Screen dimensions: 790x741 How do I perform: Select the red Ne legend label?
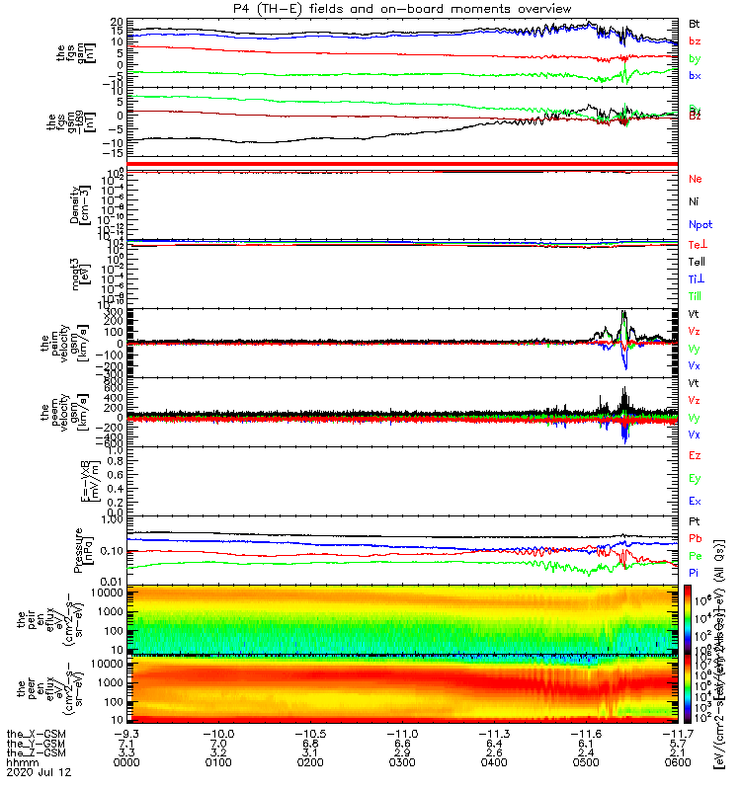695,179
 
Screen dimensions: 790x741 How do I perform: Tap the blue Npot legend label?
699,224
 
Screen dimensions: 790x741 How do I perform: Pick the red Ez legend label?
695,455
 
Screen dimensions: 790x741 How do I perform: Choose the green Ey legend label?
695,478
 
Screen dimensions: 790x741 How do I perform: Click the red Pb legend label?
695,538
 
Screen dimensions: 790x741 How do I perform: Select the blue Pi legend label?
694,573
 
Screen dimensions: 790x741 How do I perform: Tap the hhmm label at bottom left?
20,766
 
